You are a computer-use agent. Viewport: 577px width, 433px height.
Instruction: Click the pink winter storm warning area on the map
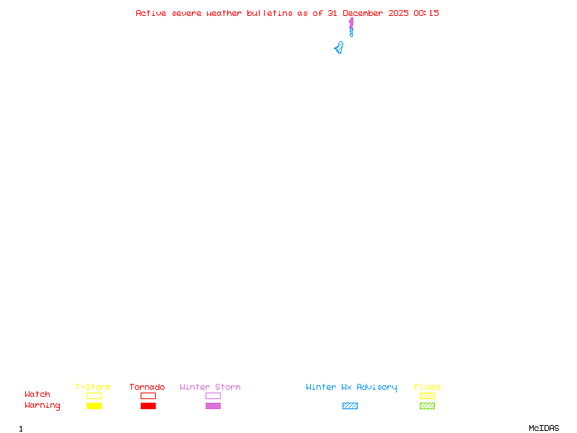pyautogui.click(x=351, y=24)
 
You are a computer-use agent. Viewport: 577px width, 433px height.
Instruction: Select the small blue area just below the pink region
pyautogui.click(x=351, y=33)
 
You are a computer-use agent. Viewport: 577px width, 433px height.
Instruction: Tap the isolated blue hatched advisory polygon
pyautogui.click(x=338, y=48)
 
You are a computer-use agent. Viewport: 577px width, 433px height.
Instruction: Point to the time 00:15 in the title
pyautogui.click(x=426, y=13)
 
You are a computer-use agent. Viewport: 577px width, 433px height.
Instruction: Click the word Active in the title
pyautogui.click(x=151, y=13)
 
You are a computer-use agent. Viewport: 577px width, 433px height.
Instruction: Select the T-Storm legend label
pyautogui.click(x=93, y=387)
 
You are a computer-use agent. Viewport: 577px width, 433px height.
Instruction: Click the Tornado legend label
pyautogui.click(x=147, y=387)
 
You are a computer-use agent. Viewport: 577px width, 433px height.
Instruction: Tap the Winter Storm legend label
pyautogui.click(x=210, y=387)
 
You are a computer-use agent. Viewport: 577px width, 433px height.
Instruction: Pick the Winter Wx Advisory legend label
pyautogui.click(x=351, y=387)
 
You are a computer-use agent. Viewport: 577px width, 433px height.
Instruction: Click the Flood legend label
pyautogui.click(x=427, y=387)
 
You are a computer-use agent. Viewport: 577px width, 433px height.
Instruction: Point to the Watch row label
pyautogui.click(x=38, y=395)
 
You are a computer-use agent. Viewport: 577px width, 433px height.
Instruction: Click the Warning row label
pyautogui.click(x=43, y=406)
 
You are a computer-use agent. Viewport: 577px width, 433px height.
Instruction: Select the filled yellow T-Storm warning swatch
pyautogui.click(x=94, y=406)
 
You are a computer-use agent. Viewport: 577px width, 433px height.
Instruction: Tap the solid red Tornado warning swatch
pyautogui.click(x=148, y=406)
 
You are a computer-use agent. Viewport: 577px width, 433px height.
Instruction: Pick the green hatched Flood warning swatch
pyautogui.click(x=427, y=406)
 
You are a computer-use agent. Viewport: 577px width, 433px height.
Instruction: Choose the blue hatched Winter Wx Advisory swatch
pyautogui.click(x=350, y=406)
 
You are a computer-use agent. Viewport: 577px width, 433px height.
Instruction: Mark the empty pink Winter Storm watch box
pyautogui.click(x=213, y=395)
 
